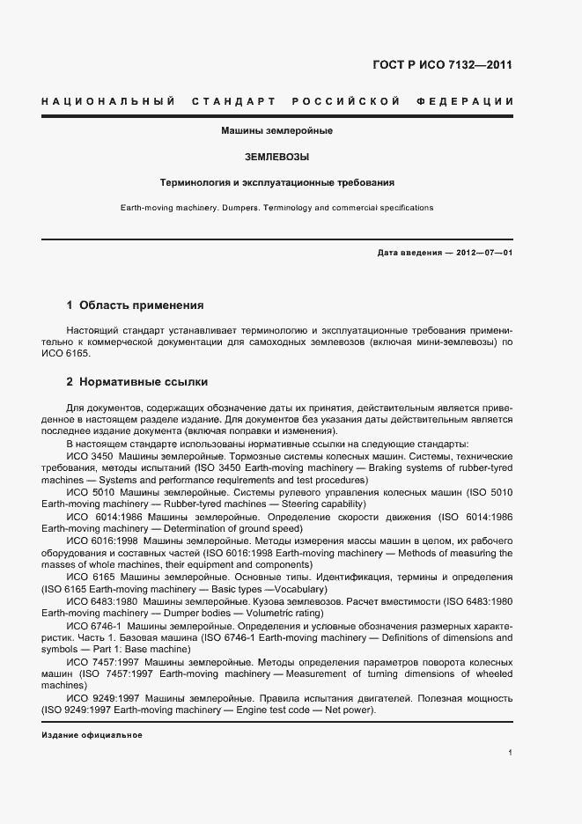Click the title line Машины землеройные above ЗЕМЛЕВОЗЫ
tap(276, 131)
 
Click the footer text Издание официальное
tap(92, 734)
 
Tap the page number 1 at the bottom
tap(511, 753)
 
